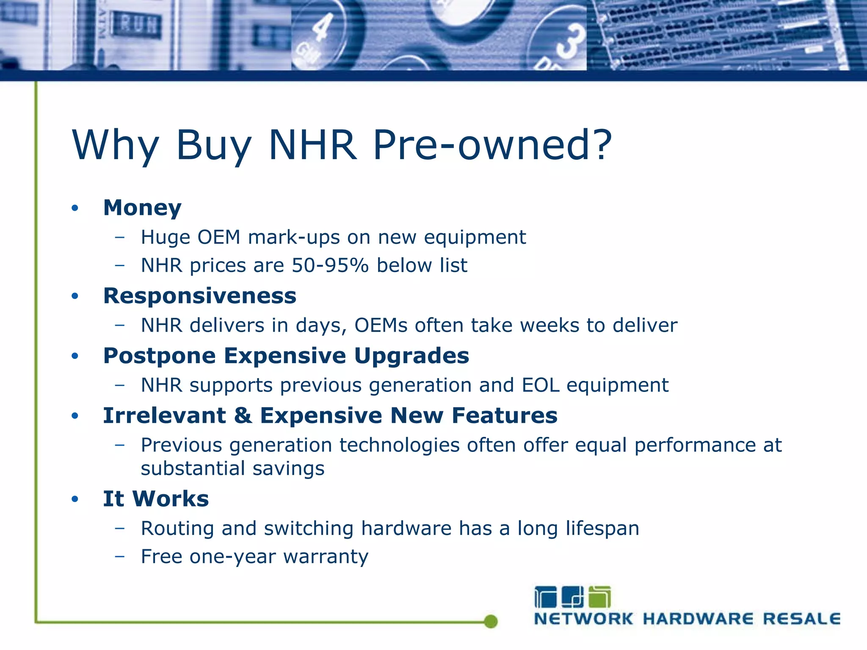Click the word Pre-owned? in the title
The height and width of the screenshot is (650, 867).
492,145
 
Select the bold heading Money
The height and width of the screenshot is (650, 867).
142,208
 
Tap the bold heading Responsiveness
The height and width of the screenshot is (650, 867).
200,296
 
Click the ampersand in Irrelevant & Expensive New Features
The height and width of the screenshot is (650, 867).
243,416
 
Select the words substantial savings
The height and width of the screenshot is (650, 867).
232,468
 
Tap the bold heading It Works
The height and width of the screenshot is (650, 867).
156,499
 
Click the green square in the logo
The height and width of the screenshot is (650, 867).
599,597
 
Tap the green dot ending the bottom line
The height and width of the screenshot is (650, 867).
491,621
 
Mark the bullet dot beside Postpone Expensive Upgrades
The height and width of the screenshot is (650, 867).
75,356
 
